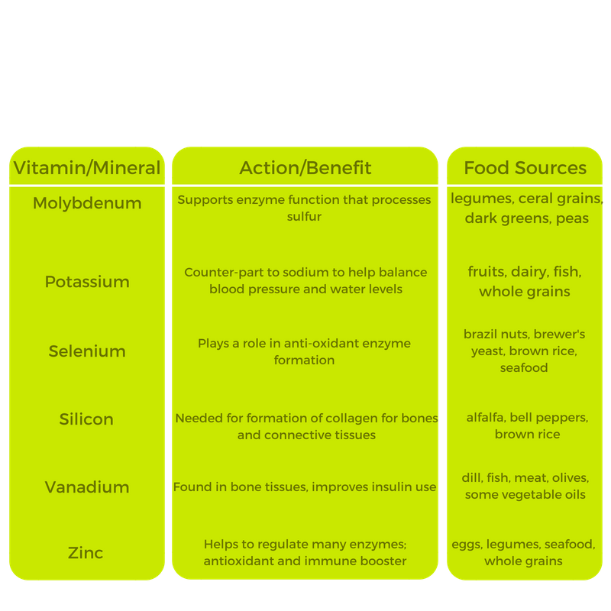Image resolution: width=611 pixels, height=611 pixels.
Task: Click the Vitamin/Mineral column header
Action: pyautogui.click(x=87, y=168)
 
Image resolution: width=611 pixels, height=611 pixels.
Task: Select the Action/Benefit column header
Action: pyautogui.click(x=305, y=168)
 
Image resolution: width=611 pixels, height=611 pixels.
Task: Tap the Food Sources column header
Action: pyautogui.click(x=525, y=168)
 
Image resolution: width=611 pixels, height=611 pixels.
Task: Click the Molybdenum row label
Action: pyautogui.click(x=87, y=203)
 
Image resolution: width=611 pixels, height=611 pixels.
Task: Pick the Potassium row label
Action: pyautogui.click(x=87, y=281)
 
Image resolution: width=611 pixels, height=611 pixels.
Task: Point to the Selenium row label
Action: pyautogui.click(x=87, y=351)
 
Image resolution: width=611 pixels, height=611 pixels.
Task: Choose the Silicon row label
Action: pyautogui.click(x=87, y=419)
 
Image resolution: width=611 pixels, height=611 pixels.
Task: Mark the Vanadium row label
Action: pyautogui.click(x=87, y=487)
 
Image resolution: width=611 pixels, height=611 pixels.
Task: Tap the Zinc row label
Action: pyautogui.click(x=87, y=552)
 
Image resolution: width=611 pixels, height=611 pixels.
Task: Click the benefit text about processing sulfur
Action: pyautogui.click(x=305, y=208)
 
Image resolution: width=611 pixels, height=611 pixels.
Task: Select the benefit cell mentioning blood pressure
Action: pyautogui.click(x=305, y=280)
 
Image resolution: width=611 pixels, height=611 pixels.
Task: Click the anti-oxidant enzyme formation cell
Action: pyautogui.click(x=305, y=351)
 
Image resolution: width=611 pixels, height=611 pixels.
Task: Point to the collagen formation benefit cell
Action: pyautogui.click(x=305, y=426)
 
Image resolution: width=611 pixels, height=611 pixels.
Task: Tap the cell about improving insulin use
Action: pyautogui.click(x=305, y=487)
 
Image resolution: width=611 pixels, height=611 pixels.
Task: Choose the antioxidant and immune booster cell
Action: pyautogui.click(x=305, y=552)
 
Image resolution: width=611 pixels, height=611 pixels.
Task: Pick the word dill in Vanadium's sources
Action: pyautogui.click(x=474, y=478)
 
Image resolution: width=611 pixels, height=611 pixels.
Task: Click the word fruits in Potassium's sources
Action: pyautogui.click(x=489, y=272)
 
